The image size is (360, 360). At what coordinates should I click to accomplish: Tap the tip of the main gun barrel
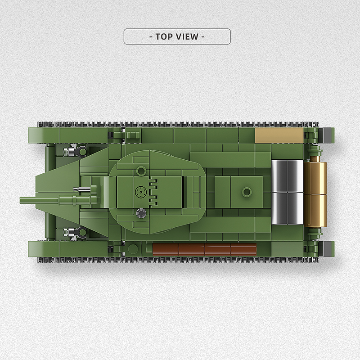coord(21,200)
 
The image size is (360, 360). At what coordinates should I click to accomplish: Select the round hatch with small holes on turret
coord(141,192)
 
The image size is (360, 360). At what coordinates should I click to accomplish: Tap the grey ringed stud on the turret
coord(141,213)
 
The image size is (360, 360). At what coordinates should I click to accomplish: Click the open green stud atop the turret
coord(141,171)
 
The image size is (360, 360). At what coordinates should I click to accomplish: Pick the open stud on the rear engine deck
coord(246,192)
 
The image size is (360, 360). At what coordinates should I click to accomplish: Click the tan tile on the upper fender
coord(279,135)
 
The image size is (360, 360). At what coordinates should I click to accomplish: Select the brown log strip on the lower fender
coord(205,249)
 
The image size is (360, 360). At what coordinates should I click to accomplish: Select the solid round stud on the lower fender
coord(133,248)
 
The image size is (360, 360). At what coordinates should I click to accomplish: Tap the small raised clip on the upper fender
coord(132,135)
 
